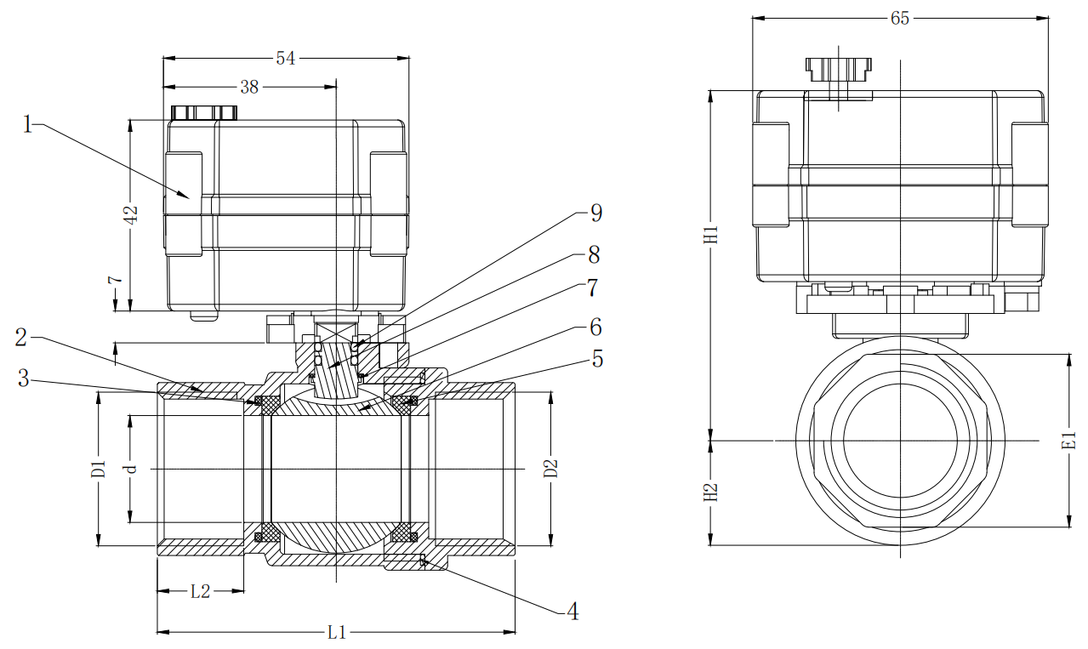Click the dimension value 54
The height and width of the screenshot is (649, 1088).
pyautogui.click(x=286, y=58)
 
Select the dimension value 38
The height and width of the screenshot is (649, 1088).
pyautogui.click(x=249, y=87)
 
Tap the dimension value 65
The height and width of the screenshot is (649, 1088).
pyautogui.click(x=900, y=18)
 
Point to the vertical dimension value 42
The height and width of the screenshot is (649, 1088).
pyautogui.click(x=131, y=215)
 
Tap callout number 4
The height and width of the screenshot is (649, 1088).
pyautogui.click(x=572, y=611)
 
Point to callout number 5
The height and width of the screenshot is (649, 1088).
pyautogui.click(x=597, y=359)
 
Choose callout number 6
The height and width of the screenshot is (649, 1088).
pyautogui.click(x=595, y=327)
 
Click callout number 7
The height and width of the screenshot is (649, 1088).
pyautogui.click(x=593, y=287)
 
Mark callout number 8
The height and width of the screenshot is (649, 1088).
pyautogui.click(x=593, y=254)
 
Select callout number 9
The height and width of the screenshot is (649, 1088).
pyautogui.click(x=595, y=213)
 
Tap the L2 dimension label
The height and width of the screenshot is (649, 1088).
pyautogui.click(x=200, y=591)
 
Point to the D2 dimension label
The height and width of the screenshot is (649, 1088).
pyautogui.click(x=550, y=469)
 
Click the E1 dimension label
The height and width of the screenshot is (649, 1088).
pyautogui.click(x=1069, y=441)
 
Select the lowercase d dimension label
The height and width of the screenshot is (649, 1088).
pyautogui.click(x=130, y=469)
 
